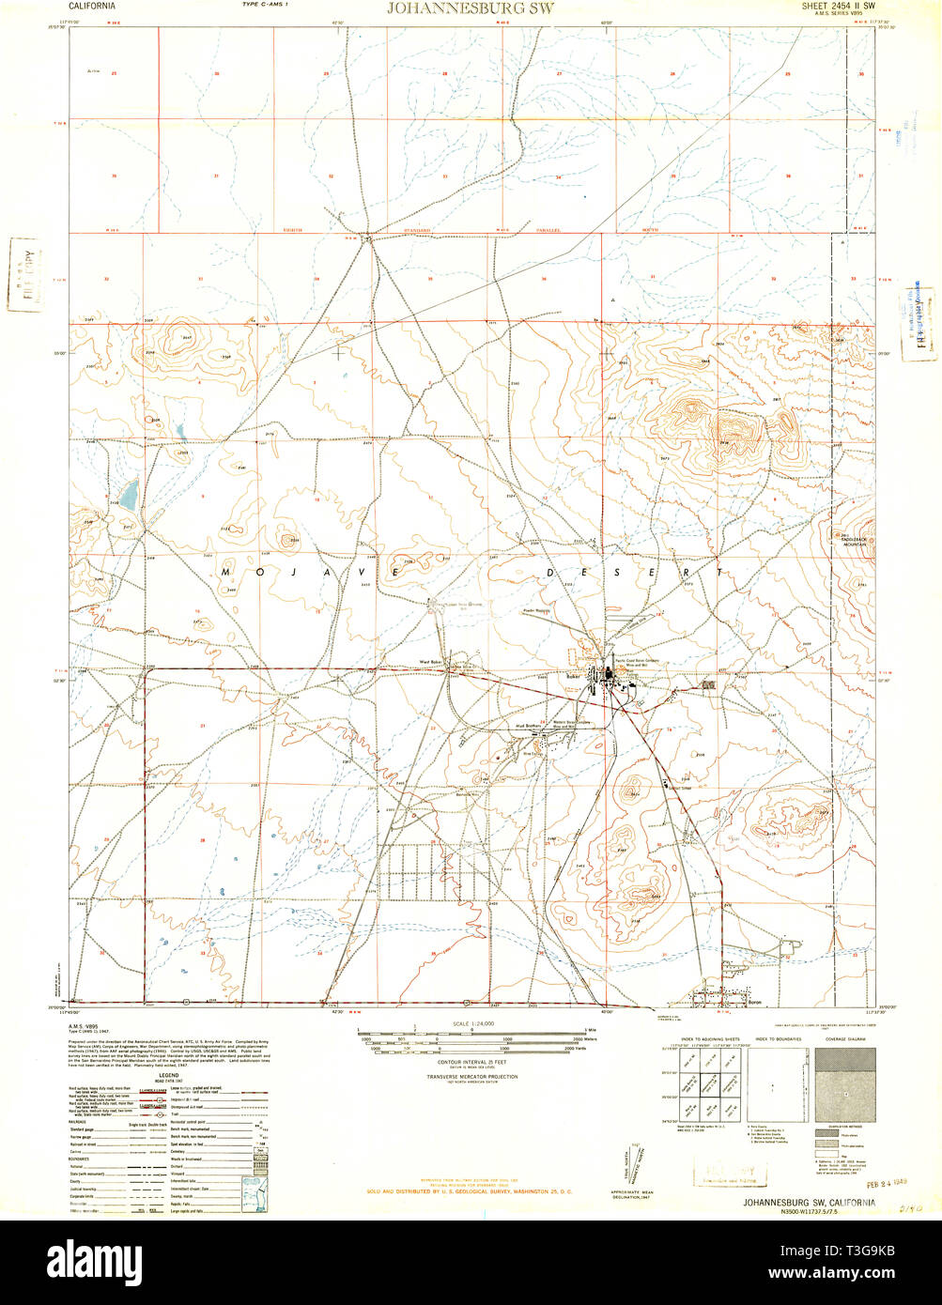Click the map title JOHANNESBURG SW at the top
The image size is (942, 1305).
click(471, 8)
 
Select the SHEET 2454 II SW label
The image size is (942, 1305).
click(838, 6)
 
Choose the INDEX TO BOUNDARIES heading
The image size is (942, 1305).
click(776, 1040)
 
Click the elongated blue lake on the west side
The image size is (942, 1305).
click(129, 491)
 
